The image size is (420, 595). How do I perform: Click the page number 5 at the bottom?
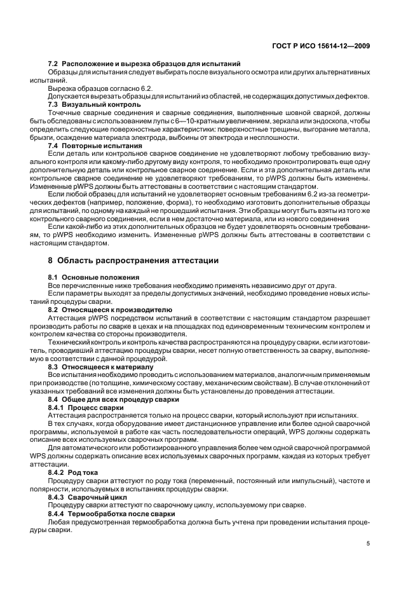[369, 544]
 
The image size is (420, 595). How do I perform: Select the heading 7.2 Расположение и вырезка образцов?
[144, 64]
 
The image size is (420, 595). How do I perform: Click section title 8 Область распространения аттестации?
[133, 261]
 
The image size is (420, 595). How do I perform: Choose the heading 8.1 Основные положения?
[93, 278]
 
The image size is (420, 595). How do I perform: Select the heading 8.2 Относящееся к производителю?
[109, 310]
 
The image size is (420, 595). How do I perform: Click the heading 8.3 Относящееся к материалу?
[101, 367]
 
